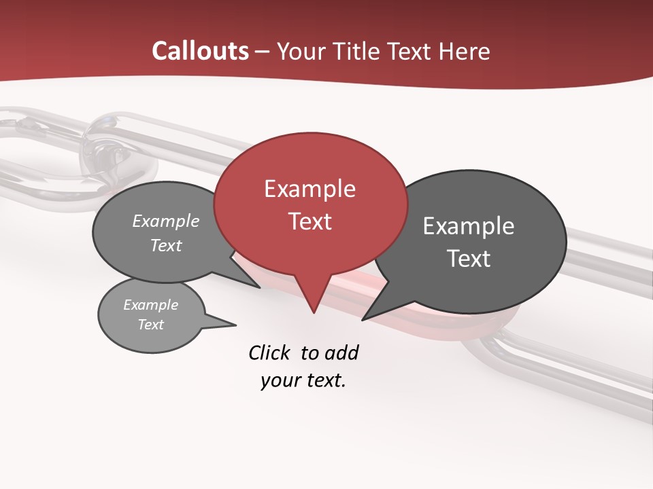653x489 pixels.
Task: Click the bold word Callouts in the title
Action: tap(200, 51)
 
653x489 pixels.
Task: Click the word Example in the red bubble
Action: tap(309, 189)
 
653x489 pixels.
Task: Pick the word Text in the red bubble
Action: tap(309, 221)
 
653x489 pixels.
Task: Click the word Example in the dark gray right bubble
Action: tap(469, 226)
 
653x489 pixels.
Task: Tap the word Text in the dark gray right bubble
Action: tap(469, 258)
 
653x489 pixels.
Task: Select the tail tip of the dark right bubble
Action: tap(363, 319)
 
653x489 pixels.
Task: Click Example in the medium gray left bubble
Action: tap(166, 221)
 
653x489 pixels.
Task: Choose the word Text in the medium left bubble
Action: tap(166, 245)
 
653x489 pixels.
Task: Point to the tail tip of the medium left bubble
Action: tap(259, 287)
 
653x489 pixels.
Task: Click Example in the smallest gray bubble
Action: tap(150, 305)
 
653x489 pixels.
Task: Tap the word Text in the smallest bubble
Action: tap(150, 325)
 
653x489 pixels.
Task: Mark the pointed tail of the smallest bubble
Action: tap(235, 325)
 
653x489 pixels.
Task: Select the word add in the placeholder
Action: tap(341, 352)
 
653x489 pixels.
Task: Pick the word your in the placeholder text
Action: tap(277, 380)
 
